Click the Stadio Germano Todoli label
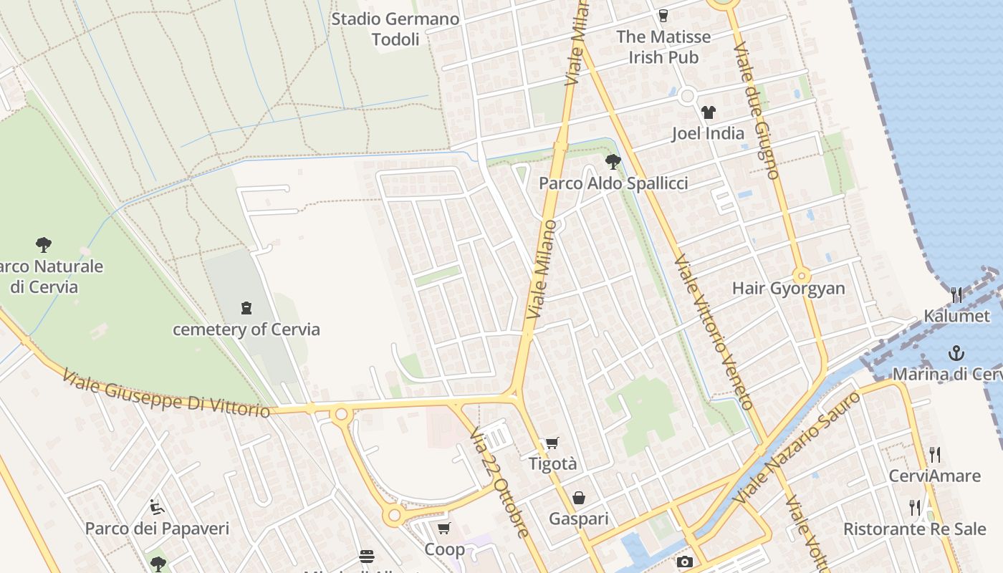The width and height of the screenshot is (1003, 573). click(395, 29)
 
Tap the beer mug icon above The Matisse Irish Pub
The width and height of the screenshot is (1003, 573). click(663, 16)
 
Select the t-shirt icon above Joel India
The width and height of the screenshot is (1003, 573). click(708, 112)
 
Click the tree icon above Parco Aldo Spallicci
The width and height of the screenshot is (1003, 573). click(613, 161)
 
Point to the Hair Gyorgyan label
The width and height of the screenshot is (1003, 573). click(788, 289)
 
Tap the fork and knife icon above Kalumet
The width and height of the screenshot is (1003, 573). click(956, 294)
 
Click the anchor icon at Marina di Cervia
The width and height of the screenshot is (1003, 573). click(956, 353)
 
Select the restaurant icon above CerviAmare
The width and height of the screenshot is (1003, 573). click(934, 455)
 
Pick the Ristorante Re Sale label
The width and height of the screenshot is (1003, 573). click(914, 529)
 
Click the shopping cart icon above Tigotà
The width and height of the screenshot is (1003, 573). click(552, 443)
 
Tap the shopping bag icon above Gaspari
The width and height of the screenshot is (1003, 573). click(578, 498)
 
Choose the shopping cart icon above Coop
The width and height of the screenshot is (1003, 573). click(443, 529)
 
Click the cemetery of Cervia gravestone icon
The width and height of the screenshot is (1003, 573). click(246, 309)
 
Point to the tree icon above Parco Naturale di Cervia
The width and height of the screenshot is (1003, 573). click(44, 244)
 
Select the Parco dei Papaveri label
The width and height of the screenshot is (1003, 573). click(157, 529)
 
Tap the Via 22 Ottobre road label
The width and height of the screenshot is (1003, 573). click(500, 483)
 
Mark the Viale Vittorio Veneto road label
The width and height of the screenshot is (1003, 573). click(713, 332)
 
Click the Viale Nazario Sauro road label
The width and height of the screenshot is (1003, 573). click(797, 447)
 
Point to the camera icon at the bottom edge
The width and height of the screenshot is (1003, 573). click(684, 562)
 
